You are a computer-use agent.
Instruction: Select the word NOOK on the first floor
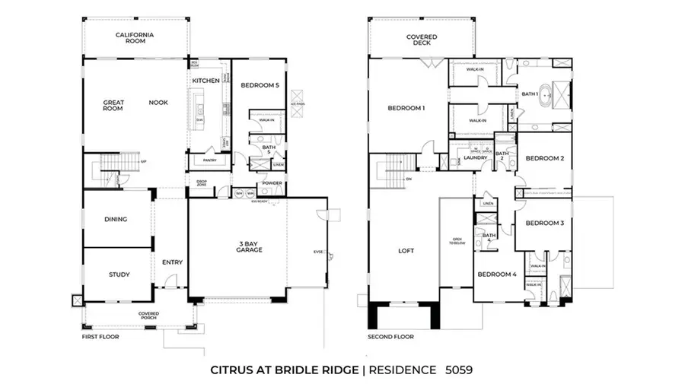click(158, 102)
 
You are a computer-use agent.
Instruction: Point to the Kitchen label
click(205, 81)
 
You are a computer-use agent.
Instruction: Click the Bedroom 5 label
click(259, 86)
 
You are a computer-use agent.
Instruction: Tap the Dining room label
click(115, 219)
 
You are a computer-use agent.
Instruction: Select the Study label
click(119, 275)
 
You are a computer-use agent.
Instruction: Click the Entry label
click(172, 262)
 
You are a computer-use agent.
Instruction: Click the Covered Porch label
click(148, 316)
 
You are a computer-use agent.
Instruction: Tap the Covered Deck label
click(421, 40)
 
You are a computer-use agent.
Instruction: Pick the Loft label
click(405, 250)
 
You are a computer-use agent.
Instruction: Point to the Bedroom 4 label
click(496, 274)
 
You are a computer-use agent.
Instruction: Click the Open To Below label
click(457, 242)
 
